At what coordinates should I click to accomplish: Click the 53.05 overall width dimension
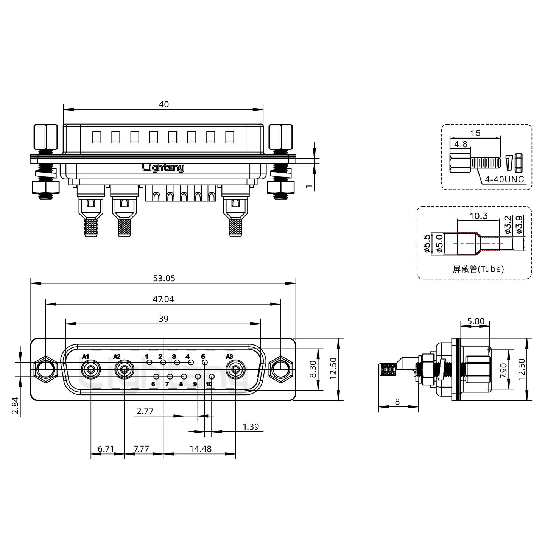[x=164, y=279]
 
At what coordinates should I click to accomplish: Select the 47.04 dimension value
[x=163, y=299]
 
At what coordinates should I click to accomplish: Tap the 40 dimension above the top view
[x=164, y=104]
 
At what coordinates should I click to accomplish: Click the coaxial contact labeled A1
[x=91, y=370]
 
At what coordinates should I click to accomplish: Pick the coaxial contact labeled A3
[x=235, y=370]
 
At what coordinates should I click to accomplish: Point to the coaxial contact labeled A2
[x=124, y=370]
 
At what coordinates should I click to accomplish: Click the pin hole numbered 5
[x=204, y=363]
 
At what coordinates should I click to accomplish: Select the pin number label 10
[x=209, y=384]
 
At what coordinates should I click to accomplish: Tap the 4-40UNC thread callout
[x=505, y=179]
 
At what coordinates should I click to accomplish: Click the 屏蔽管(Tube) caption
[x=478, y=269]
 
